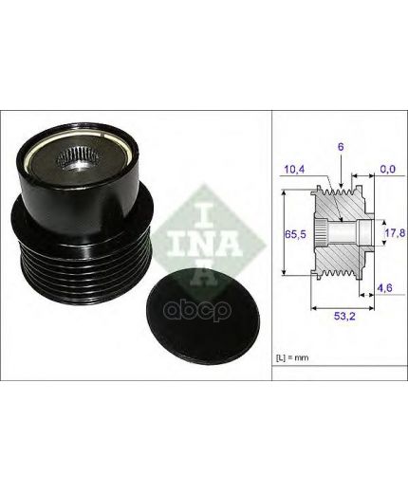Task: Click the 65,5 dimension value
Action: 295,234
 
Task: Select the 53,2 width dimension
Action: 344,316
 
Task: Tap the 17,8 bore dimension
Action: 395,233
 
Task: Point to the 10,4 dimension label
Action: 294,170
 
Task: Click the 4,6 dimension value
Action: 384,287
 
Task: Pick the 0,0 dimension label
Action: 388,169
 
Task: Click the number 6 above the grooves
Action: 341,147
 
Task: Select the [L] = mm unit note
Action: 292,358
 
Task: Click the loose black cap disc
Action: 203,315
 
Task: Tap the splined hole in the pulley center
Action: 79,156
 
